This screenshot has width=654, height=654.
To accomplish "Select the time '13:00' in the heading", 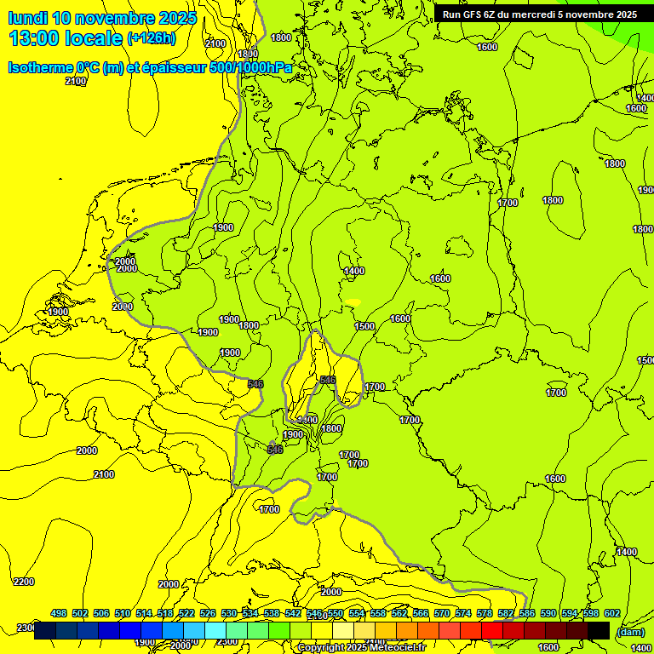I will pyautogui.click(x=36, y=38).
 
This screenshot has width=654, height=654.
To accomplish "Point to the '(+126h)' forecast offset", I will pyautogui.click(x=152, y=38).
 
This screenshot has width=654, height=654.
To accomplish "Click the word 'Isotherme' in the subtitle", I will pyautogui.click(x=39, y=67).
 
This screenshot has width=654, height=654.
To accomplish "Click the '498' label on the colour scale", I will pyautogui.click(x=59, y=614).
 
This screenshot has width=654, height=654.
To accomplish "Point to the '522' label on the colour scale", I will pyautogui.click(x=186, y=614).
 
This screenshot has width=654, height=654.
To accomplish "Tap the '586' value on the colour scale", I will pyautogui.click(x=527, y=614).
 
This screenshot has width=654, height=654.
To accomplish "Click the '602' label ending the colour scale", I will pyautogui.click(x=612, y=614).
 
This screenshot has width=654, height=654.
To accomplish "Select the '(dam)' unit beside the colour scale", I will pyautogui.click(x=630, y=632).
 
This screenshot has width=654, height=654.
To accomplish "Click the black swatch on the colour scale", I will pyautogui.click(x=599, y=631).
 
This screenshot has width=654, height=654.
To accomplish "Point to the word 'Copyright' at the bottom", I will pyautogui.click(x=323, y=648).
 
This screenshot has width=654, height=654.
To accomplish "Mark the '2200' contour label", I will pyautogui.click(x=25, y=582).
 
